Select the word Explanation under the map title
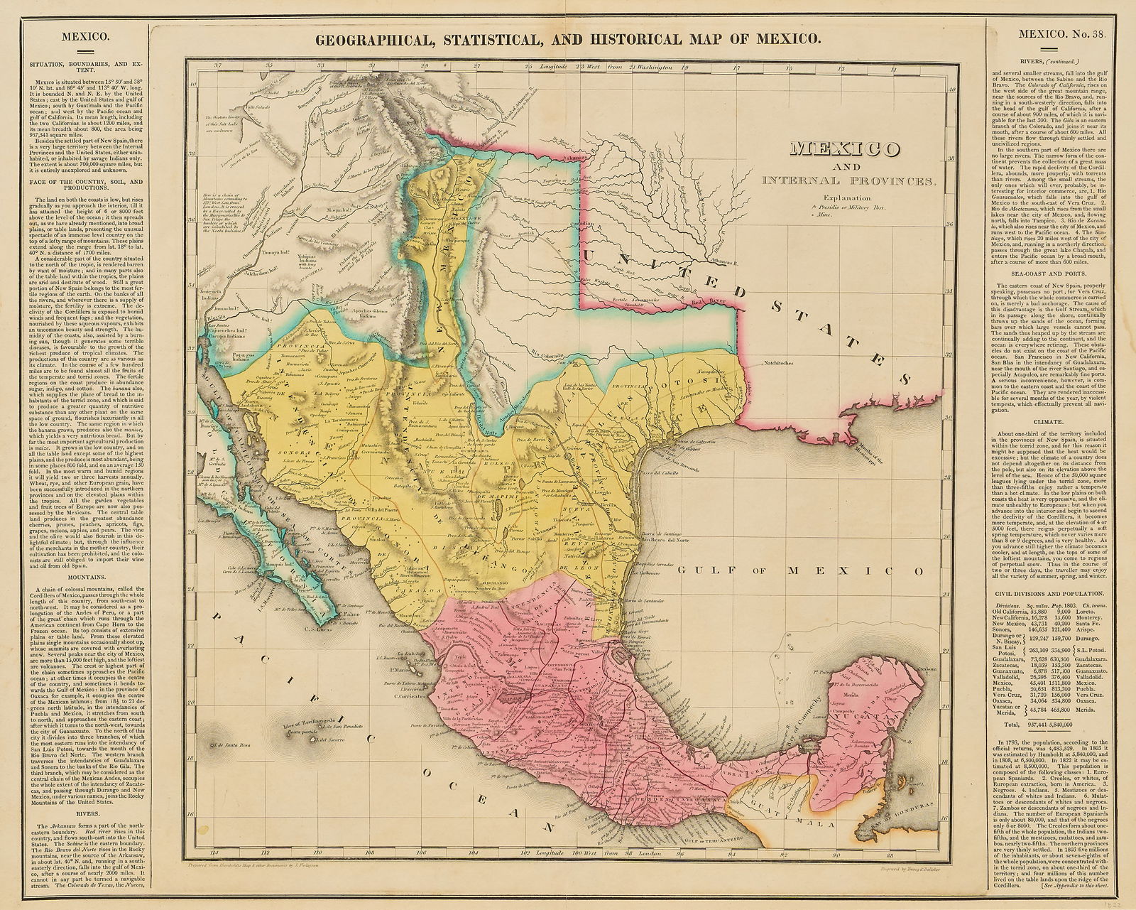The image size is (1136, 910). [845, 198]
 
